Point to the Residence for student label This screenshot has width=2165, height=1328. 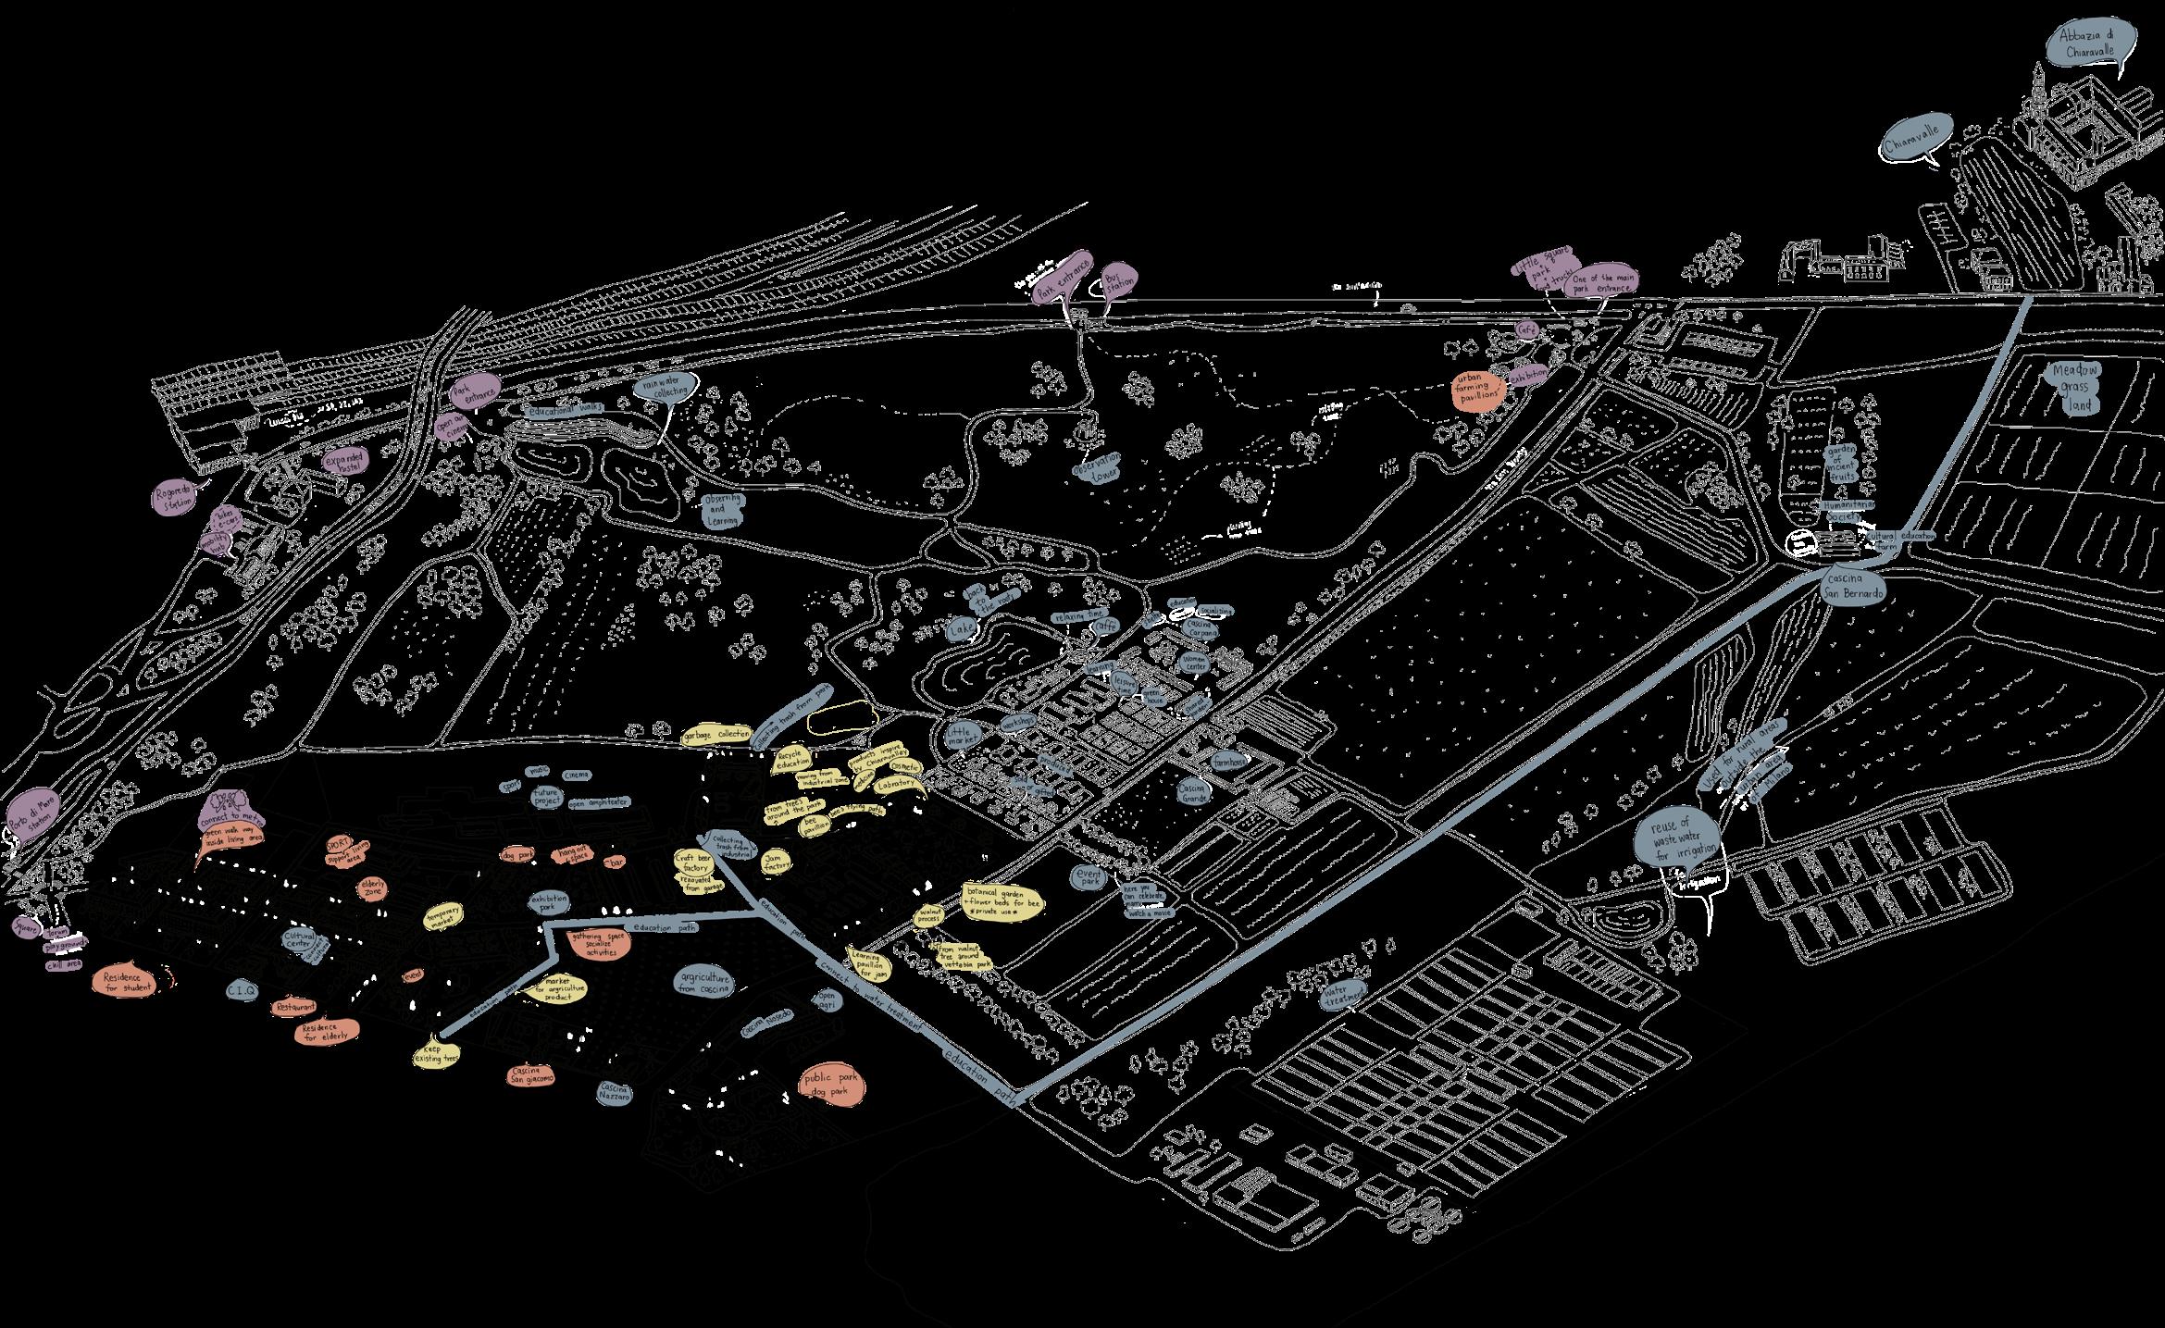pos(129,982)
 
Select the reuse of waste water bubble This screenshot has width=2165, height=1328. pos(1673,840)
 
